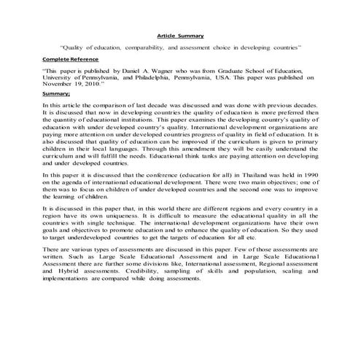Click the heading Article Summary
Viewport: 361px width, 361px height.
coord(180,35)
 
